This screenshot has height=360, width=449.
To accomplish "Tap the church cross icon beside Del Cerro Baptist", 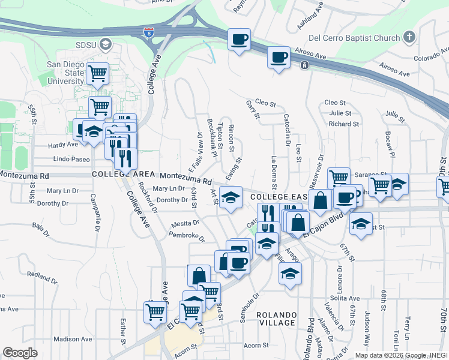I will coord(409,38).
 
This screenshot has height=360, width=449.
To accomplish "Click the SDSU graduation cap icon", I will coord(106,44).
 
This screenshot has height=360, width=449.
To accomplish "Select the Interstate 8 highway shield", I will coord(148,32).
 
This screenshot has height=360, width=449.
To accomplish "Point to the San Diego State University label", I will coord(65,73).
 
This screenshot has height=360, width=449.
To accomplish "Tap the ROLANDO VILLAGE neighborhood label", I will coord(277,319).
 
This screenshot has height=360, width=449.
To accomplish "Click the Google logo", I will coord(20,353).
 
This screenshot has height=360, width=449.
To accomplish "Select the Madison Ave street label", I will coord(72,339).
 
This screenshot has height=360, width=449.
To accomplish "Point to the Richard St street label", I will coord(343,124).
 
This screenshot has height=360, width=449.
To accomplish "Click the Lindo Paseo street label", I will coord(71,160).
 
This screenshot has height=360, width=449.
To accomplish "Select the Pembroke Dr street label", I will coord(183,236).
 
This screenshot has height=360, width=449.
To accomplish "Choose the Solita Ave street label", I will coord(345,298).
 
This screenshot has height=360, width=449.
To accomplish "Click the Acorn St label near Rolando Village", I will coord(256,345).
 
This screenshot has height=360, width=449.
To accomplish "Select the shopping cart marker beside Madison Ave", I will coord(155,311).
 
